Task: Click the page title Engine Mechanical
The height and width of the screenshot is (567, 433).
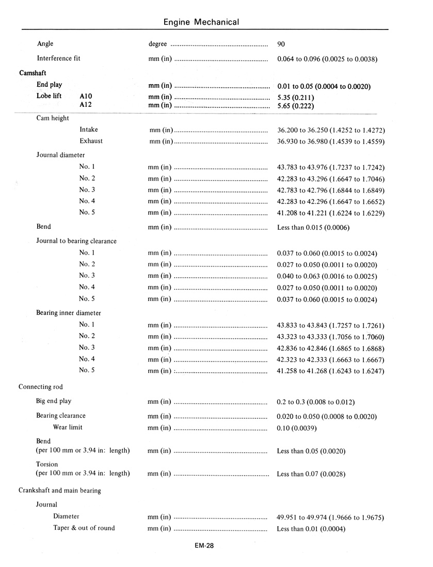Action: (201, 22)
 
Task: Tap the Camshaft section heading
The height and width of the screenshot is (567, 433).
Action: (33, 73)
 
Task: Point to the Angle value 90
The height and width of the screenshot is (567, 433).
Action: (281, 44)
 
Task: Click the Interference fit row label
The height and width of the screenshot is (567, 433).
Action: (58, 58)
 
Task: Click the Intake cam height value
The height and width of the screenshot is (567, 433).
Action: (331, 130)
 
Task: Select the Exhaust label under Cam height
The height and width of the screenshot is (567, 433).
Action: (91, 141)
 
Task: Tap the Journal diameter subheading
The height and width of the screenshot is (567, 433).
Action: (60, 155)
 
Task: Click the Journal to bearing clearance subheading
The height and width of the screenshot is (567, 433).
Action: (76, 241)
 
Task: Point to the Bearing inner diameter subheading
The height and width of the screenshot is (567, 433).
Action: (69, 313)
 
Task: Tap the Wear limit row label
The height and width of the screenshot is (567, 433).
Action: (68, 428)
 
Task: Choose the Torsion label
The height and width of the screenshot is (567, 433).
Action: (47, 464)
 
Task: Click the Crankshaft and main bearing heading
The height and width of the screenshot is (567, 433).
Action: (60, 491)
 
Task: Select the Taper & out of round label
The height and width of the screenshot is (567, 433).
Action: (84, 528)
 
